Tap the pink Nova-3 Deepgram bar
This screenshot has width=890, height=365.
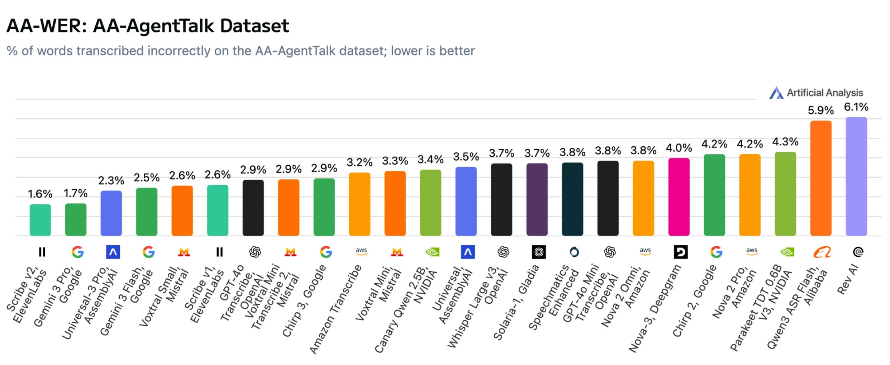point(679,197)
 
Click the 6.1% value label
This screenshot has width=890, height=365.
point(856,107)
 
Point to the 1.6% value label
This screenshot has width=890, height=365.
point(40,194)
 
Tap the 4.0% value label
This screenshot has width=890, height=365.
point(679,148)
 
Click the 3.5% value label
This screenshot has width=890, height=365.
point(466,157)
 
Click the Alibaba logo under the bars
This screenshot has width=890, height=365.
point(822,252)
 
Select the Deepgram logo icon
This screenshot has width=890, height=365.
point(680,252)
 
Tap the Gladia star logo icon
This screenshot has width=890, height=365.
point(538,252)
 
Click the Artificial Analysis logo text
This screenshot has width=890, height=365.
point(824,93)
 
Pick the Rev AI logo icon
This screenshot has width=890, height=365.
point(858,252)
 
